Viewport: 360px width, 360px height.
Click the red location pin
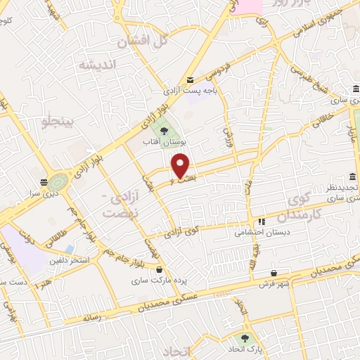(x=181, y=165)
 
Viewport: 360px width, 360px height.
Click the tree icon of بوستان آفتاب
(x=163, y=131)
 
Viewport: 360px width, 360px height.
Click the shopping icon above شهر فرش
(x=274, y=273)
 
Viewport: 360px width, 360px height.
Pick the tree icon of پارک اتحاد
(x=245, y=338)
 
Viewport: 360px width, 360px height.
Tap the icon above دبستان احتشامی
(x=262, y=221)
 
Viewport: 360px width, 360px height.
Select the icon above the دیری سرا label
(x=44, y=179)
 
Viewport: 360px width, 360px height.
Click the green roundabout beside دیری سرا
(x=60, y=183)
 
